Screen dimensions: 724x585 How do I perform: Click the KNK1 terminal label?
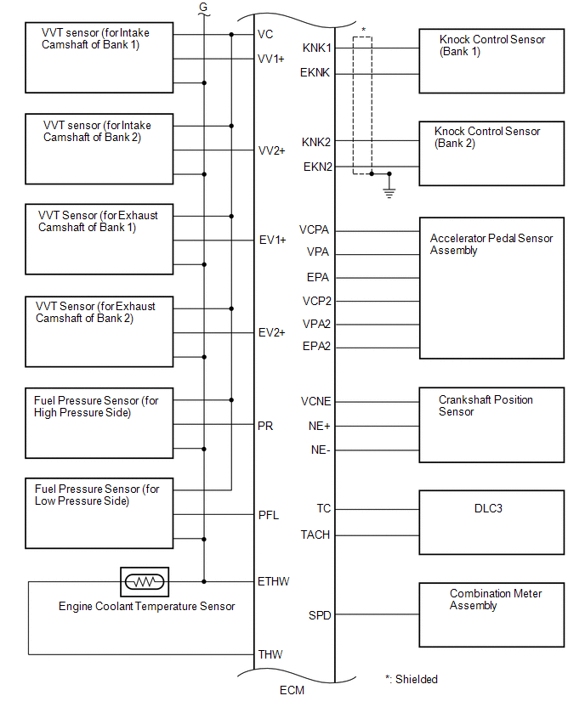(316, 48)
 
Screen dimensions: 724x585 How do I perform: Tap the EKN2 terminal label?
(317, 167)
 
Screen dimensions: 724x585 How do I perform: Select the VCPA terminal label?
(314, 230)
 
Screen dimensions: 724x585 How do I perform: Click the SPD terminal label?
(320, 614)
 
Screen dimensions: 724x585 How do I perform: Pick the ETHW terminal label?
(273, 581)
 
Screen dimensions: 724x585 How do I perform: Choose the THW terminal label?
(270, 654)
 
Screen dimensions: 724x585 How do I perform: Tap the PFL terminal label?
(269, 515)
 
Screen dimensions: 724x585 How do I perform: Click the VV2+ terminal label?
(272, 150)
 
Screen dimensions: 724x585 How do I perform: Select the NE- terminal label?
(321, 450)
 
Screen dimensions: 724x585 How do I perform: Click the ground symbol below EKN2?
(389, 192)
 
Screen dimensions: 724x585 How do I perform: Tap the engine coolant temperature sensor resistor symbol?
(145, 582)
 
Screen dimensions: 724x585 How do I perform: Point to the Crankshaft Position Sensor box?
(491, 425)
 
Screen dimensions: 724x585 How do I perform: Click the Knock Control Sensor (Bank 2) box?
(491, 152)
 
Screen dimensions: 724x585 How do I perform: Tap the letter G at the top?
(202, 8)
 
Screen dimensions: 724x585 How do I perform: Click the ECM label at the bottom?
(292, 690)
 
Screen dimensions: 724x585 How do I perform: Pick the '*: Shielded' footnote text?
(411, 679)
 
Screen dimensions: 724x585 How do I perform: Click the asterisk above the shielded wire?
(364, 31)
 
